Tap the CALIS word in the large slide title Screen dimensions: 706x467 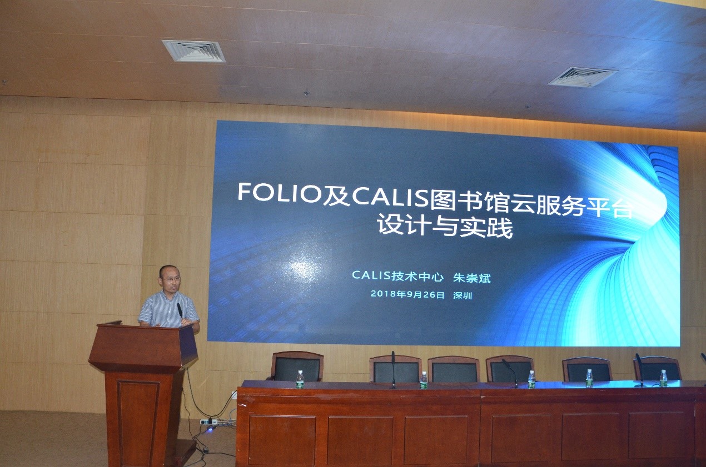click(390, 198)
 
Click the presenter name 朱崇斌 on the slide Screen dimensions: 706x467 click(472, 278)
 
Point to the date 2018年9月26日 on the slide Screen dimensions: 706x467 click(407, 294)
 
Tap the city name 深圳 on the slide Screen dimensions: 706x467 click(463, 295)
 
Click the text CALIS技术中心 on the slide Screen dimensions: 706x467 click(397, 275)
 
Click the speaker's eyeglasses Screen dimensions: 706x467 click(172, 278)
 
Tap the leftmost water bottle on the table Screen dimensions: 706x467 click(300, 379)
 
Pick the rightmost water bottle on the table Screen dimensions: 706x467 click(663, 378)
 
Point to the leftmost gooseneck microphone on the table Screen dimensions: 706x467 click(393, 369)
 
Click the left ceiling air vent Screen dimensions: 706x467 click(193, 51)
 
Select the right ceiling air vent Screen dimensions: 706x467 click(582, 77)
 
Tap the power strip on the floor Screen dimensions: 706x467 click(208, 421)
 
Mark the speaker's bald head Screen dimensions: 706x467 click(168, 271)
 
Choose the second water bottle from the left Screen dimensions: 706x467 click(424, 381)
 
